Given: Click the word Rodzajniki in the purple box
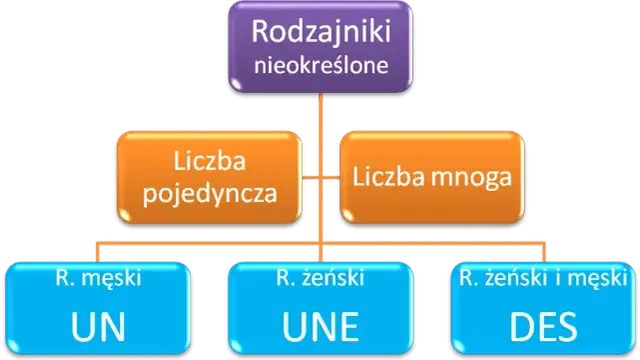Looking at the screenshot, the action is [317, 33].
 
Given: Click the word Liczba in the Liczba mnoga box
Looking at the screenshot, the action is [386, 179].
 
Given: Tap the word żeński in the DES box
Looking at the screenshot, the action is [521, 276].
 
